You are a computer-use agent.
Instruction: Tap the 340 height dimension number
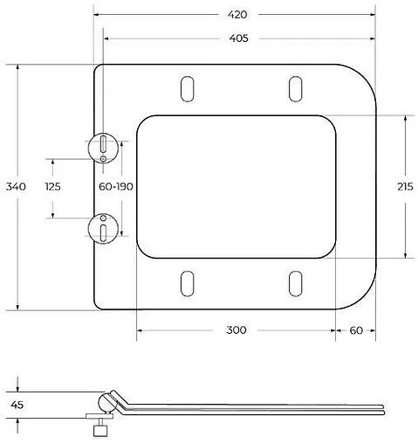point(16,186)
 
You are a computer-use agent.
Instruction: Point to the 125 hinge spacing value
point(53,187)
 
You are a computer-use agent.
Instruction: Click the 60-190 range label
point(115,187)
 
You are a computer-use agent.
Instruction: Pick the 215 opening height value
point(405,186)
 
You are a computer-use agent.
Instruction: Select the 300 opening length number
point(236,330)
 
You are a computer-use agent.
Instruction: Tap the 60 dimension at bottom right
point(356,330)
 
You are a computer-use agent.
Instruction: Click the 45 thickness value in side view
point(17,405)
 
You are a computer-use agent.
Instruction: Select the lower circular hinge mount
point(103,229)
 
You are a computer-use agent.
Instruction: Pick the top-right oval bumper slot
point(295,90)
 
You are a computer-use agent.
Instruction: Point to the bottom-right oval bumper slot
point(295,283)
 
